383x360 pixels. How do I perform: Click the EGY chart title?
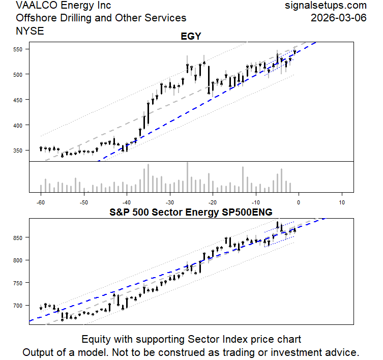pos(191,37)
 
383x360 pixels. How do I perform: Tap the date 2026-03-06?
pos(339,18)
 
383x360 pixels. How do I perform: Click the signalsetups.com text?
pos(326,6)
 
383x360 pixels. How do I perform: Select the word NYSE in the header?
pos(30,31)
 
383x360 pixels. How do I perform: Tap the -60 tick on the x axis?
pos(41,202)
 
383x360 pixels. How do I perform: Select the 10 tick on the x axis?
pos(342,202)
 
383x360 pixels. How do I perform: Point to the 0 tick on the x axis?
pos(299,202)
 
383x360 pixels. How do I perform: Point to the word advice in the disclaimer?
pos(343,352)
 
